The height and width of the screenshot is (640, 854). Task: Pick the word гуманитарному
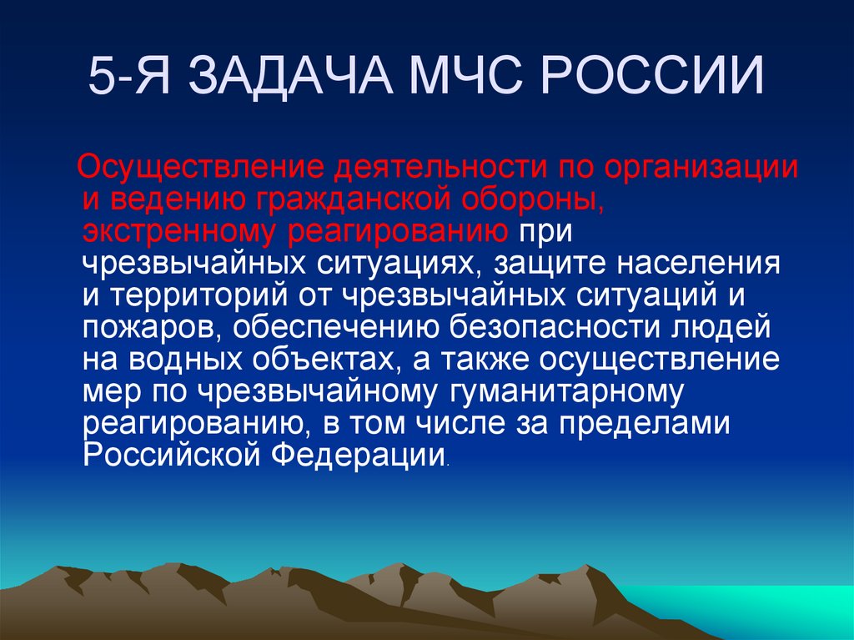pos(572,391)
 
